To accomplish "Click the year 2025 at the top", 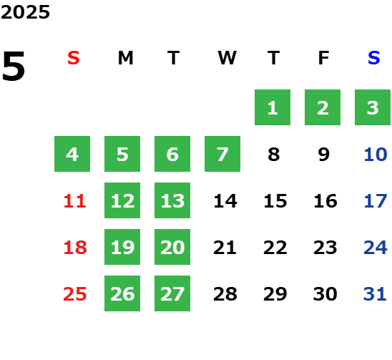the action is (x=25, y=12).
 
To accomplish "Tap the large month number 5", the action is (x=14, y=66).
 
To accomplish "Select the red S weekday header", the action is (x=74, y=58).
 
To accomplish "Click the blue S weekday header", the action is (x=373, y=58).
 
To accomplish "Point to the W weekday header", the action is (x=227, y=58).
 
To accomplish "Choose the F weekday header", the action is (x=323, y=58).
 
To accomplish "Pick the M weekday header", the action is (x=125, y=58).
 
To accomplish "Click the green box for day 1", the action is (x=273, y=107).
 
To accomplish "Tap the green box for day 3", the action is (x=373, y=107).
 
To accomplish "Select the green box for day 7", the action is (x=222, y=154).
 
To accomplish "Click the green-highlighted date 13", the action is (x=172, y=200).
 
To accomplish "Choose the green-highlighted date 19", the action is (x=122, y=247).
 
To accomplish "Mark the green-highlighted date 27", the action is (x=172, y=293).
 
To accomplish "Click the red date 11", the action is (x=75, y=201).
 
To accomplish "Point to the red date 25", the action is (x=75, y=294).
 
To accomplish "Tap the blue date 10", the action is (x=376, y=155).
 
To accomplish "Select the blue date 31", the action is (x=375, y=294).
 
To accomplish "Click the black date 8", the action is (x=274, y=155).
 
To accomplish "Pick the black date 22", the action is (x=275, y=248).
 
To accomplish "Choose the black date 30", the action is (x=325, y=294).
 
